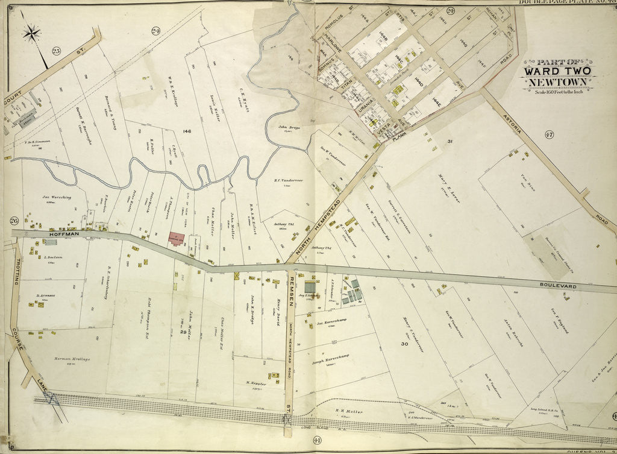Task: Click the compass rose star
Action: (x=31, y=33)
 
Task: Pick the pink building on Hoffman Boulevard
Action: (x=177, y=239)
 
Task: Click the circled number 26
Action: (x=14, y=221)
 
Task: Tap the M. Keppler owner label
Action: (x=255, y=382)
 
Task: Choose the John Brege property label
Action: (x=289, y=127)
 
